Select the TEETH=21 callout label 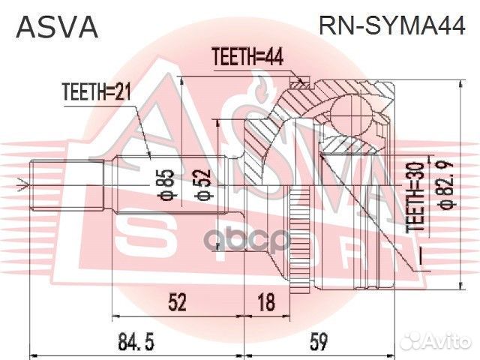coord(95,93)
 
